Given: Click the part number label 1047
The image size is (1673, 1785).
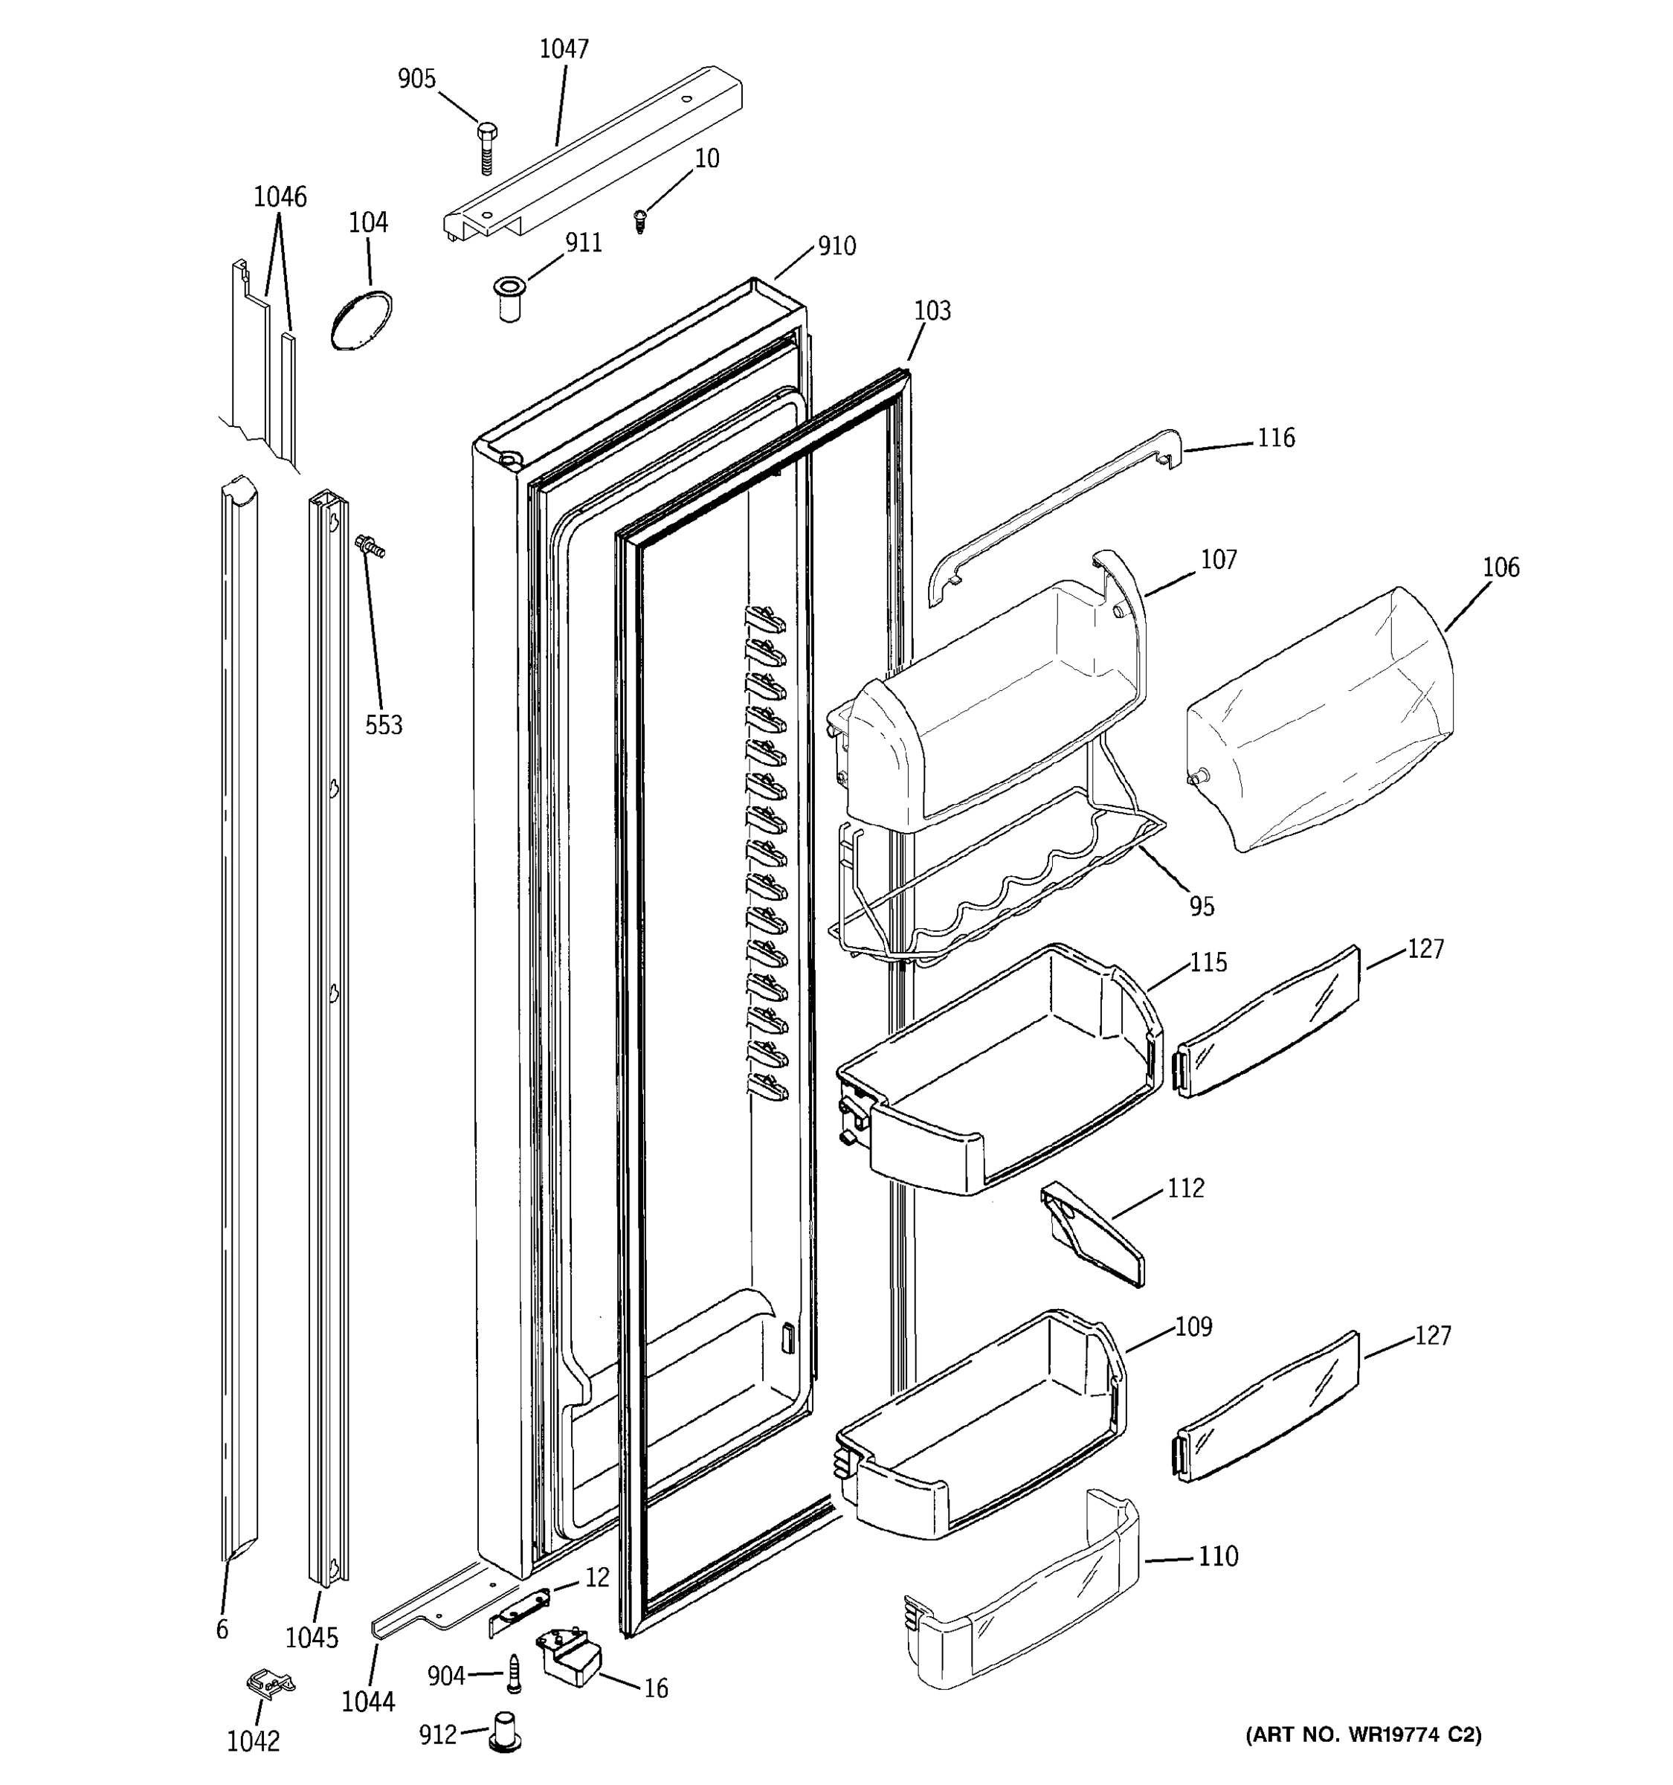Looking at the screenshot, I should [x=564, y=48].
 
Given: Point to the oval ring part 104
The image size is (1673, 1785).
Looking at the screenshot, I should [x=361, y=320].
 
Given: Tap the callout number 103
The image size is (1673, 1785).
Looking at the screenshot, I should [x=932, y=311].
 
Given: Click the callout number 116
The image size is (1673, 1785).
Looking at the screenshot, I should [x=1275, y=438].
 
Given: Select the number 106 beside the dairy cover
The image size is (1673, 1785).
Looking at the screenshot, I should [x=1500, y=567].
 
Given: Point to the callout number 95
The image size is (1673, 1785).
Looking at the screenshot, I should [x=1202, y=907].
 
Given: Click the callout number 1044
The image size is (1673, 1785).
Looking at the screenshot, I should [x=368, y=1701].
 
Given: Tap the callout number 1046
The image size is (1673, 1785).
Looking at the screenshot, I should [x=280, y=196].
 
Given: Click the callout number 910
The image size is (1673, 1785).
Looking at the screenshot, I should [x=836, y=246].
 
